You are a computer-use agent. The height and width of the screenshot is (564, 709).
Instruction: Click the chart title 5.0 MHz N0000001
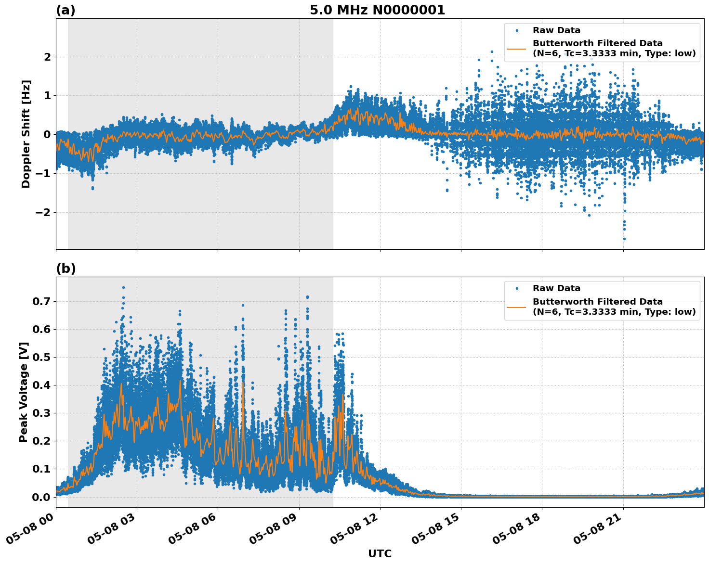click(377, 10)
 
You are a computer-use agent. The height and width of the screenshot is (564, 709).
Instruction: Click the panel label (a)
click(66, 10)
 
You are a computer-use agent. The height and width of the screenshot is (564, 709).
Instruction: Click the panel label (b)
click(66, 269)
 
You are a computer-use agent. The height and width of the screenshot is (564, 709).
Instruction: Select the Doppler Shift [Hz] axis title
click(26, 134)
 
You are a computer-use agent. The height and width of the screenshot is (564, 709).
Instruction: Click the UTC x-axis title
click(380, 553)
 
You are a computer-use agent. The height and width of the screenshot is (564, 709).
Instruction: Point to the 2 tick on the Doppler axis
click(47, 57)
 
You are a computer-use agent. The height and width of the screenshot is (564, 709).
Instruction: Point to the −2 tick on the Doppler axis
click(44, 212)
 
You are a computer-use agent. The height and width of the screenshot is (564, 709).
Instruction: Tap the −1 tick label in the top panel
click(44, 173)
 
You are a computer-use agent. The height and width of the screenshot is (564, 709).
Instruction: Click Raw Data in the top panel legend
click(556, 30)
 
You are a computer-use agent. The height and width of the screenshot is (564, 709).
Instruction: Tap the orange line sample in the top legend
click(517, 49)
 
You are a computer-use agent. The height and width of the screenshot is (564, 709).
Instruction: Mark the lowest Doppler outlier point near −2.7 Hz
click(624, 239)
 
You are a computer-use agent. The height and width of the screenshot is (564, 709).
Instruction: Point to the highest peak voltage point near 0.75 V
click(123, 287)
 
